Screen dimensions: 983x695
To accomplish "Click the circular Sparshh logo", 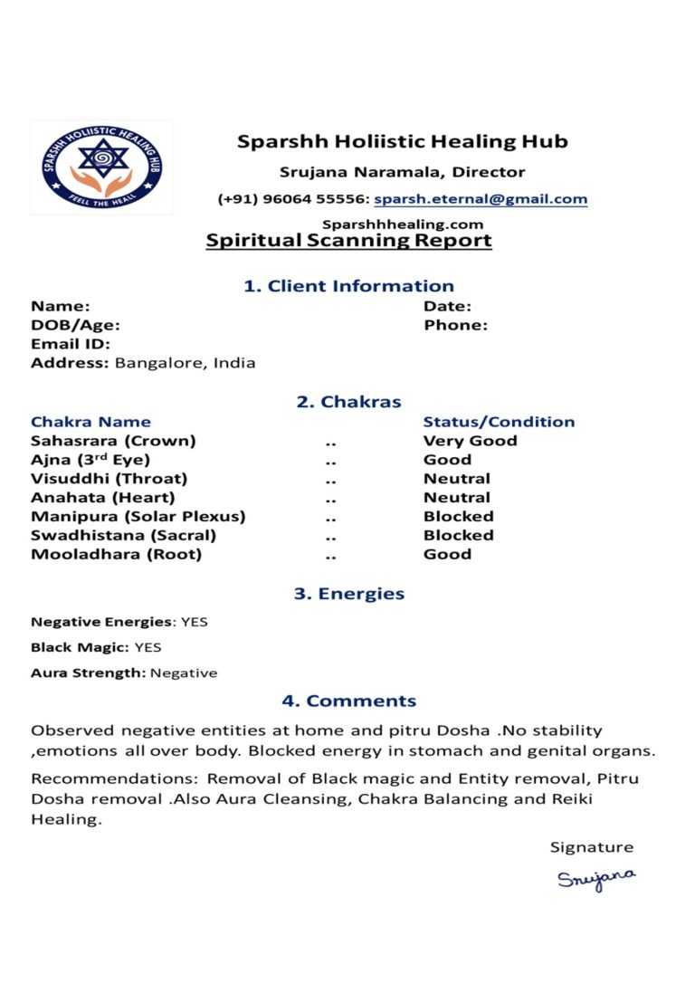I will point(101,167).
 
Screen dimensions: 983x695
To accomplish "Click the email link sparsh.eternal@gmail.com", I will point(481,199).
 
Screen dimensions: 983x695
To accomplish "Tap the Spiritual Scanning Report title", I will point(348,241).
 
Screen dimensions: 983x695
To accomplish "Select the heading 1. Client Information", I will point(348,286).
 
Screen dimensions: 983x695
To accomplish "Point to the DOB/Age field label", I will point(75,325).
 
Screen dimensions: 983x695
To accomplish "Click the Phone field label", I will point(455,325).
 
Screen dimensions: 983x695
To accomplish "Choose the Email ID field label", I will point(71,344).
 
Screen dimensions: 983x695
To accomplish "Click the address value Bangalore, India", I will point(186,363).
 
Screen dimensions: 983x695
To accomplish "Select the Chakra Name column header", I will point(90,422).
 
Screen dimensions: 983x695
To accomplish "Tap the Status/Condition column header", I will point(499,422).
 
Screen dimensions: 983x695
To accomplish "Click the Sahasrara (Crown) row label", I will point(113,441).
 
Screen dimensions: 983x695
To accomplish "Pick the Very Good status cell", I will point(470,441).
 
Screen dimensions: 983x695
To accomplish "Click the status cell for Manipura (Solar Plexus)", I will point(458,516).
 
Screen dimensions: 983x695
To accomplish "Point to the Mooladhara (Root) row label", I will point(116,554).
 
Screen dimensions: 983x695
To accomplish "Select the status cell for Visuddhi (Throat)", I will point(456,478).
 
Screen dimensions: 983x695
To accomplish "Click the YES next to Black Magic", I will point(148,647).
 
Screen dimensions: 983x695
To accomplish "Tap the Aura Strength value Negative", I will point(184,673).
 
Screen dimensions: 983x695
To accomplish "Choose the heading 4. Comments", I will point(348,701).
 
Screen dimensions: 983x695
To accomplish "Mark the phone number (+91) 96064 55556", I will point(292,199).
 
